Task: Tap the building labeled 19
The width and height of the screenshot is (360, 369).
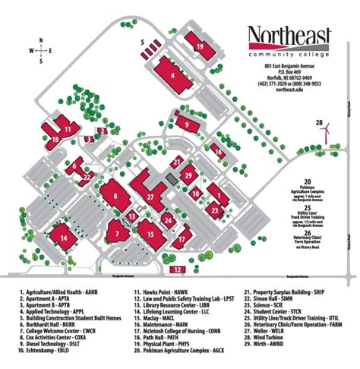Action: pyautogui.click(x=199, y=47)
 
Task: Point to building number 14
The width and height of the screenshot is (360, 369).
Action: pyautogui.click(x=64, y=238)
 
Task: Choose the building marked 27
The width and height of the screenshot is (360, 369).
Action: pyautogui.click(x=151, y=197)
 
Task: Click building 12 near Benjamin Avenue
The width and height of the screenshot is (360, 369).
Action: pyautogui.click(x=177, y=269)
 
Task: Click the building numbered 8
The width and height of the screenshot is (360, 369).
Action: pyautogui.click(x=115, y=196)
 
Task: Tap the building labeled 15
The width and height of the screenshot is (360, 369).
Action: pyautogui.click(x=152, y=233)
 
